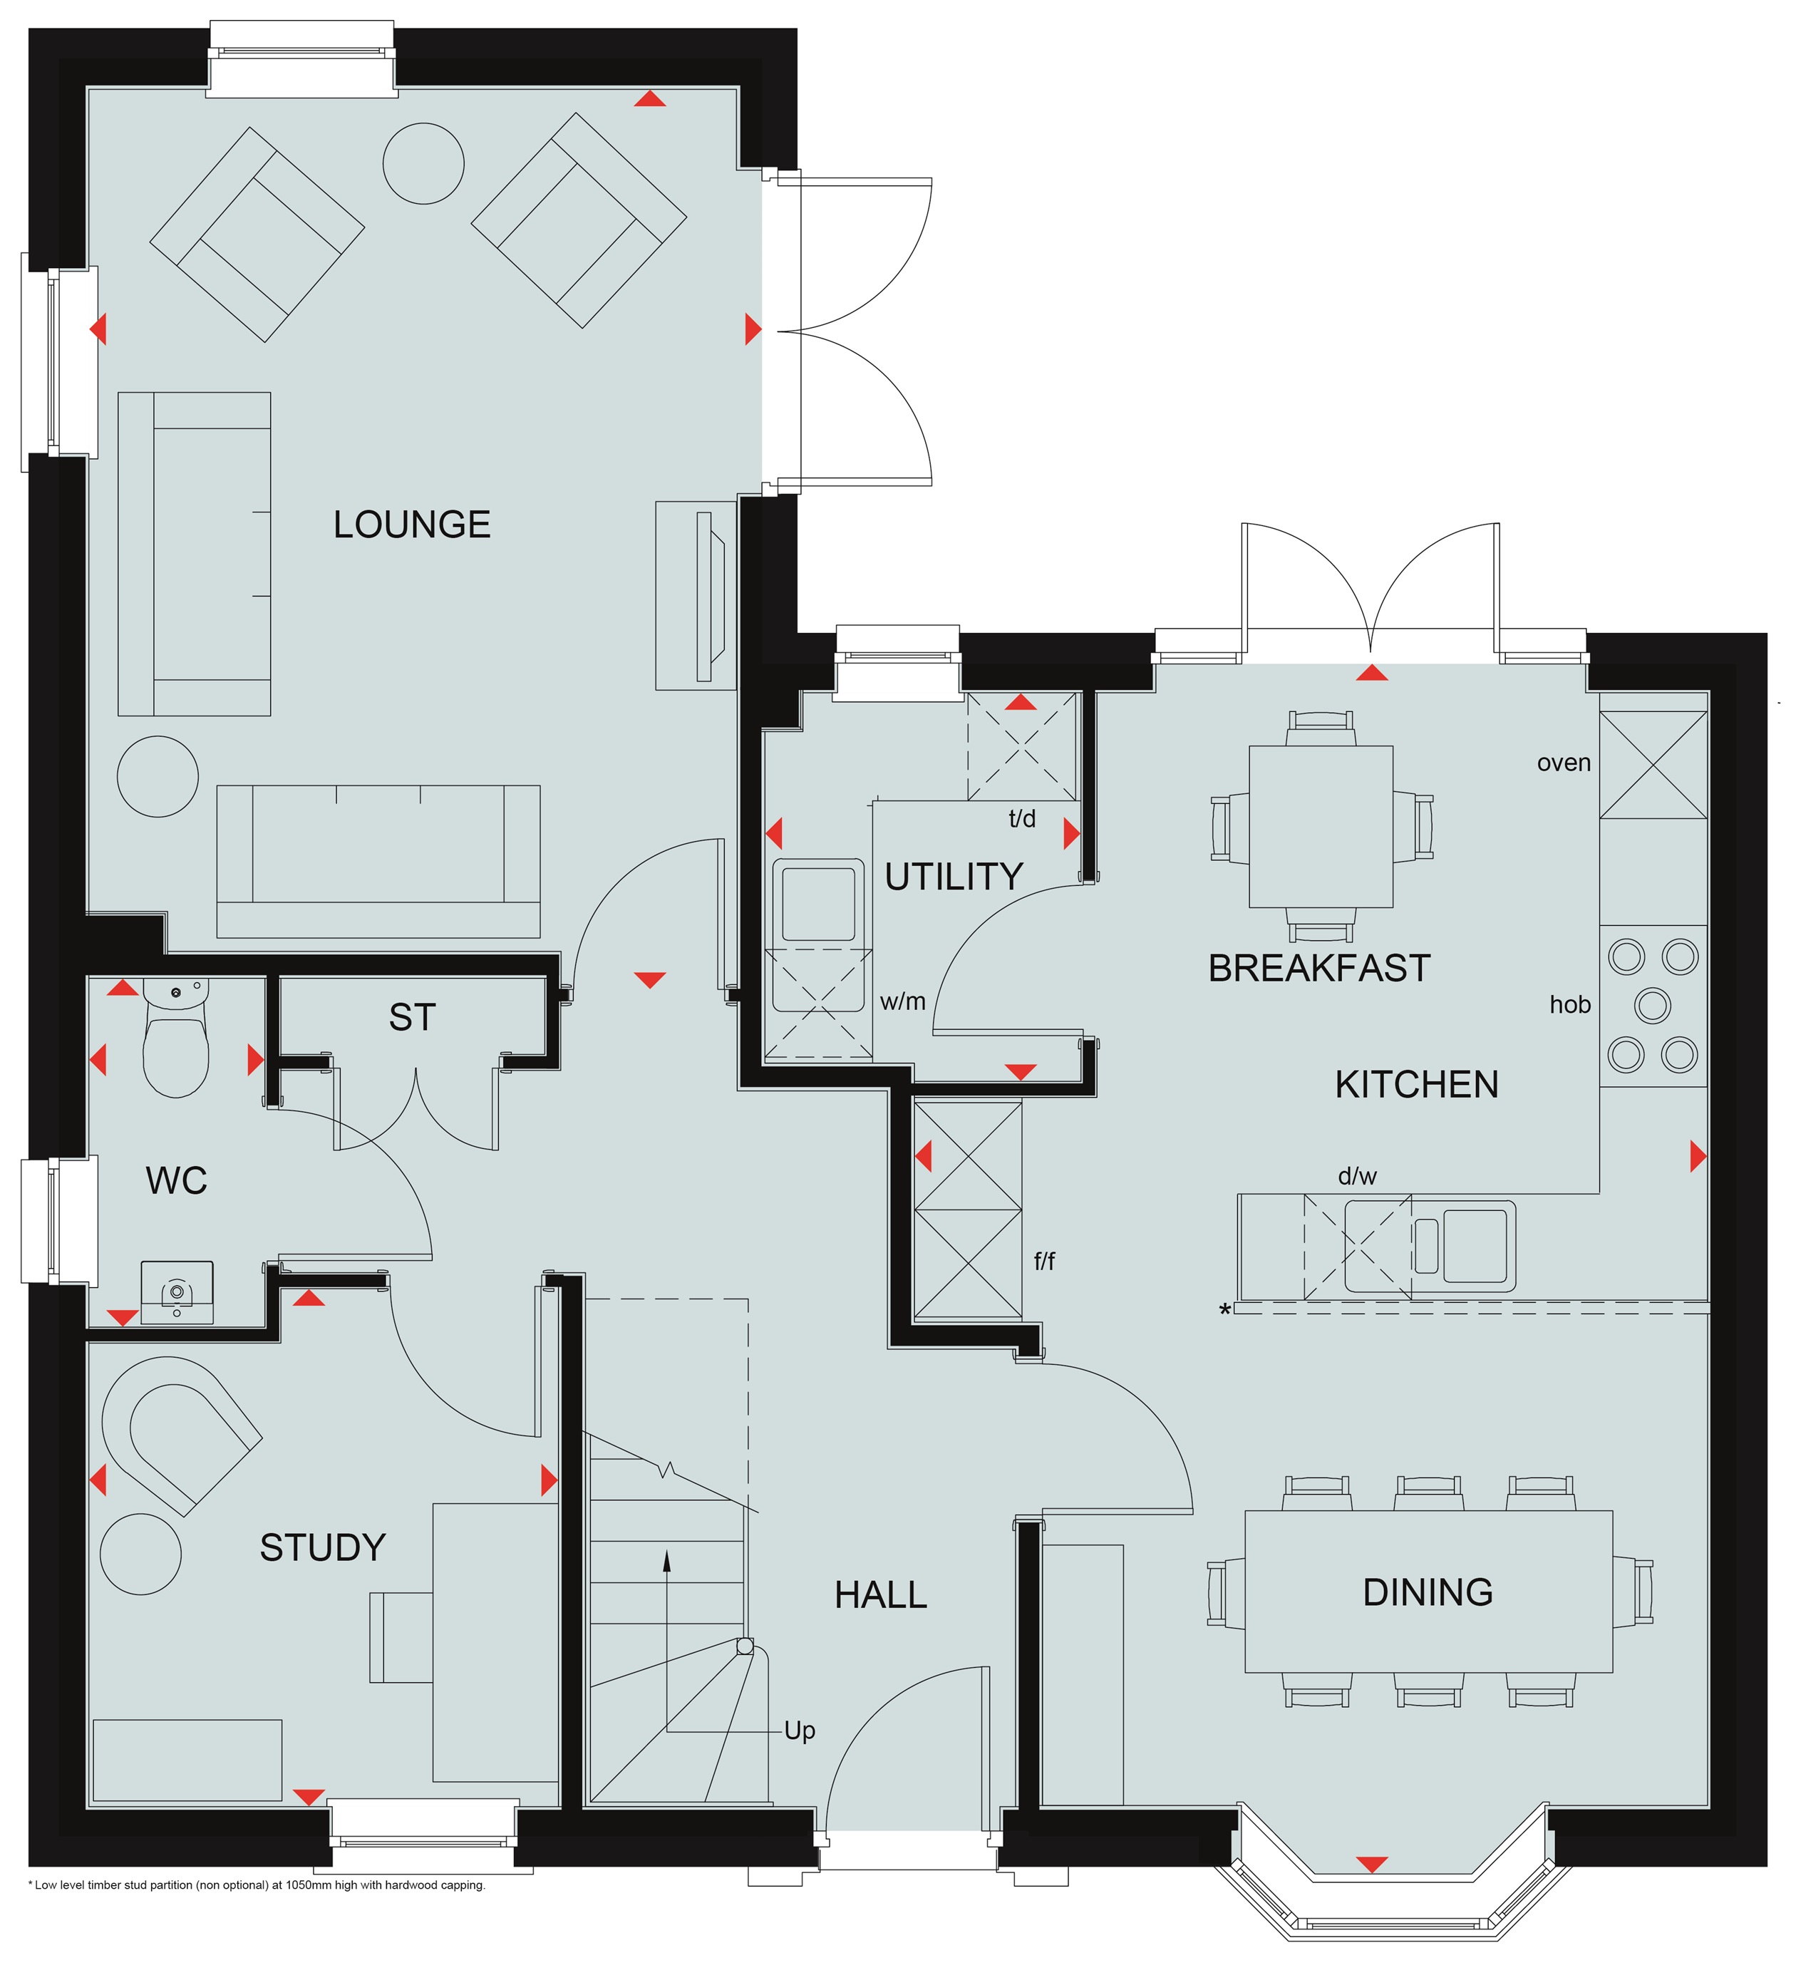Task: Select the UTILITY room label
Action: tap(953, 877)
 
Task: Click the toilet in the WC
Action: tap(176, 1038)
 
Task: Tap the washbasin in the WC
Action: tap(177, 1292)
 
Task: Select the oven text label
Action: tap(1564, 763)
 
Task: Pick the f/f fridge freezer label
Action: tap(1045, 1261)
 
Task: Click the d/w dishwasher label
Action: tap(1357, 1177)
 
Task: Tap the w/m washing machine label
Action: tap(902, 1001)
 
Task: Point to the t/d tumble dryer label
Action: tap(1022, 819)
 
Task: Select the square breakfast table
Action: tap(1321, 827)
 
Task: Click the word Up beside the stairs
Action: tap(800, 1731)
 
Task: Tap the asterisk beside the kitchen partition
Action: tap(1224, 1311)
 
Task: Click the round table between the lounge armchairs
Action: tap(423, 163)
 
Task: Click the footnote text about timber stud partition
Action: tap(257, 1885)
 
